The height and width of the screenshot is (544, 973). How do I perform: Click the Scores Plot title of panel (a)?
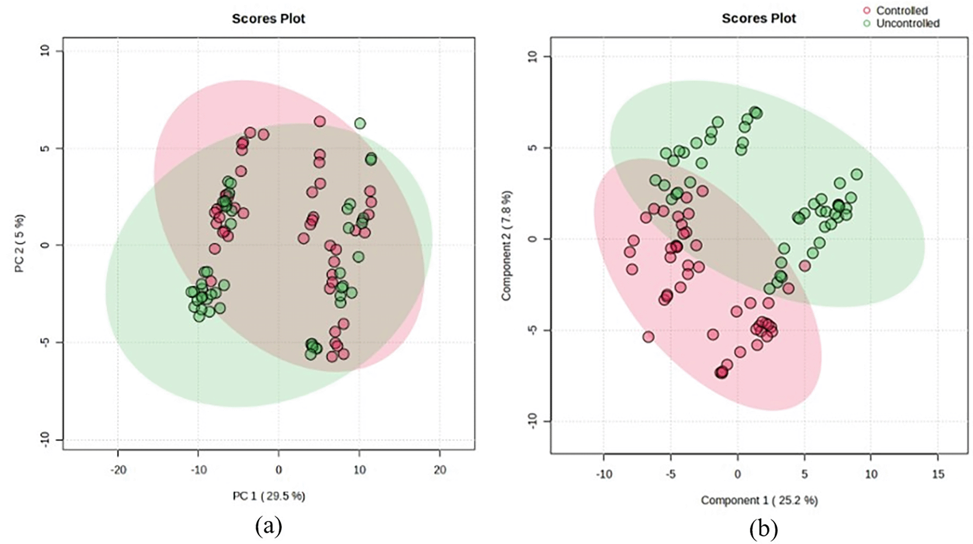pos(268,19)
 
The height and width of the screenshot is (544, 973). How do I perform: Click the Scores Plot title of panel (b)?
pos(759,19)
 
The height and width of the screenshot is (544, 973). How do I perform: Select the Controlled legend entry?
pos(902,10)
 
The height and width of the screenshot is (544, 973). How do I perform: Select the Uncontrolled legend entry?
pos(907,24)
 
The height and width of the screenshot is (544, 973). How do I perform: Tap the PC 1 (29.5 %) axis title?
pos(269,496)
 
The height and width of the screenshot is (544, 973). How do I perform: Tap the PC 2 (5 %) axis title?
pos(20,244)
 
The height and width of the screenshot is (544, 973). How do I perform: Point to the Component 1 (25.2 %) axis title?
pos(759,500)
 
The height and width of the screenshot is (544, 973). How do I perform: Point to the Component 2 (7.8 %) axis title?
pos(506,245)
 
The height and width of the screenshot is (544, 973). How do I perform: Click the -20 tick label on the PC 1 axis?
pos(118,470)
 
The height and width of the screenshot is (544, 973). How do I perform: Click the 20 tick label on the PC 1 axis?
pos(440,470)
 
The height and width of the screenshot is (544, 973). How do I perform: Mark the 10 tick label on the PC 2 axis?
pos(45,51)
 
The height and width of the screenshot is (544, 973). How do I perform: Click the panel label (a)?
pos(269,526)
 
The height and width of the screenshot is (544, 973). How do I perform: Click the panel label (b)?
pos(764,530)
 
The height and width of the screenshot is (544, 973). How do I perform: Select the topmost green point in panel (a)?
pos(360,124)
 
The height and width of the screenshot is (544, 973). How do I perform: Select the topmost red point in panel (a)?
pos(319,121)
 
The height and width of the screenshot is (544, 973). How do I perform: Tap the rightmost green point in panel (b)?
pos(856,175)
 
